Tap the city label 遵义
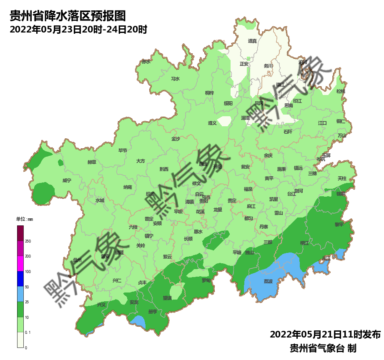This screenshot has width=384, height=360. tap(212, 123)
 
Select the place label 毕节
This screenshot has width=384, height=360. tap(123, 150)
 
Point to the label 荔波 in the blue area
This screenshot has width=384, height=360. tap(268, 282)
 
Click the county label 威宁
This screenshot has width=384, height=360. tap(67, 180)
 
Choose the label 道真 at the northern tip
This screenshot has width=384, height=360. tap(252, 41)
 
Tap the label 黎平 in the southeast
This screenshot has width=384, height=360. tap(339, 224)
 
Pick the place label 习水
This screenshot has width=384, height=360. tap(176, 79)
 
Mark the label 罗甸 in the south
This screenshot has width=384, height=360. tap(206, 280)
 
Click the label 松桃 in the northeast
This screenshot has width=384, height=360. tap(341, 91)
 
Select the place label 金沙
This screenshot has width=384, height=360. tap(176, 139)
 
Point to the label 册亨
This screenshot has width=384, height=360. tap(153, 311)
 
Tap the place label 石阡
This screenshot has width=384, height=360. tap(288, 132)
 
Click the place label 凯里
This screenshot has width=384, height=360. tap(274, 199)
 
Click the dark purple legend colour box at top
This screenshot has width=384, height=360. tap(20, 233)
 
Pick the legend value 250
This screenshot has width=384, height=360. tap(28, 241)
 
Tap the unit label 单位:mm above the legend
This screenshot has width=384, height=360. tap(24, 219)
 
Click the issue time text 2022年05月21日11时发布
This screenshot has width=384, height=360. tap(325, 334)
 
